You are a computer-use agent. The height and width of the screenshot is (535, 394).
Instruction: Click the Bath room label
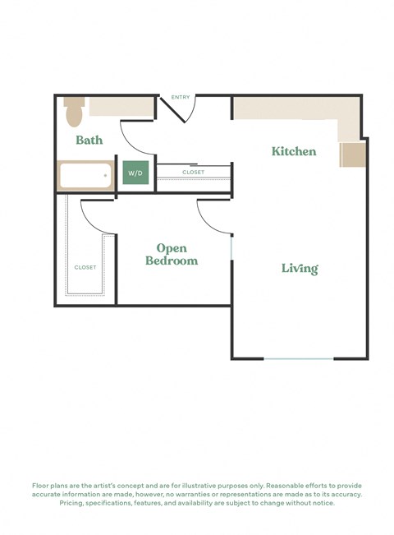89,140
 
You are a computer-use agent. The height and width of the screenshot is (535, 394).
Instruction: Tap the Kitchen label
294,151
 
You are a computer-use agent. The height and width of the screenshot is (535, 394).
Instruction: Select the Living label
300,268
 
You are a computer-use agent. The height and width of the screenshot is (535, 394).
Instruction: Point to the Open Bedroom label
172,255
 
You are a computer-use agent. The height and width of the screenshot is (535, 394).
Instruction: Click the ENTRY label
181,98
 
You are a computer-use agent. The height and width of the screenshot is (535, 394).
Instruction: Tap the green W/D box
135,173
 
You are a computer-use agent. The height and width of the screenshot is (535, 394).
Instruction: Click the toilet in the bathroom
74,108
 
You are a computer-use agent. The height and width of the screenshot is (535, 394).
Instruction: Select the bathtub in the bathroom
85,175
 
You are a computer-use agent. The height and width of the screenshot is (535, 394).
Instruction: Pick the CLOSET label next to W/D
193,173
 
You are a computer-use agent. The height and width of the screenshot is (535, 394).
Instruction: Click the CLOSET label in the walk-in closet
85,267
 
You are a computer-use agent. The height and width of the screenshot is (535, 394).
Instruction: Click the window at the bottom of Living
299,358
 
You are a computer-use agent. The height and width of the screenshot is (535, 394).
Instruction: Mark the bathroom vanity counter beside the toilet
121,106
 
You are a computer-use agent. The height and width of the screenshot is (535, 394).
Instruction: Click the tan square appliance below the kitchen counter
352,154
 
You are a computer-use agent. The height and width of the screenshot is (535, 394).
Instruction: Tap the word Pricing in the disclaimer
76,503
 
